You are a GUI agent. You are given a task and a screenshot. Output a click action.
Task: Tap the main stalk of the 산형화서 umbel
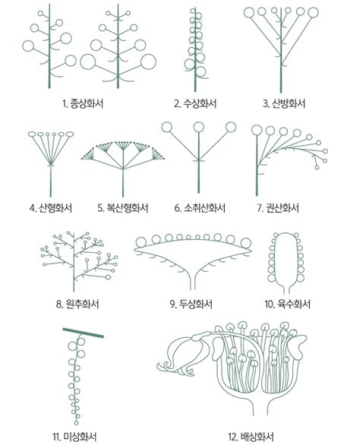[51, 178]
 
